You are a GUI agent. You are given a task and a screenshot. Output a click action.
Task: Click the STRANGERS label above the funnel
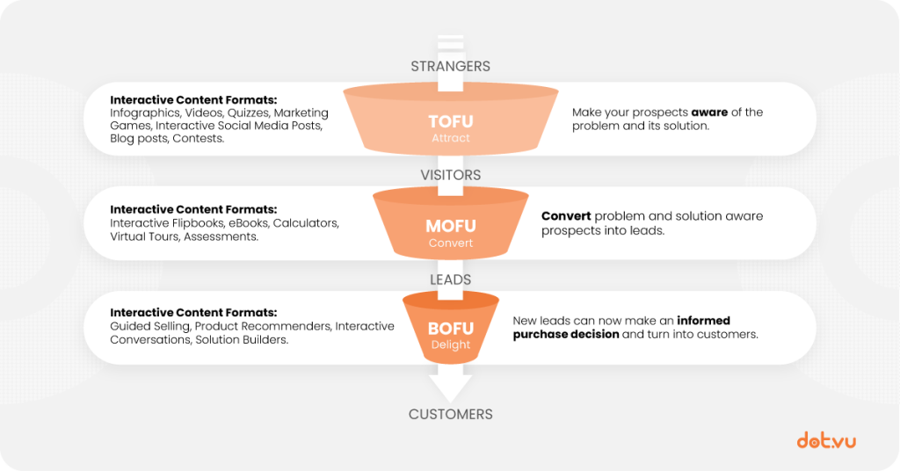pos(451,67)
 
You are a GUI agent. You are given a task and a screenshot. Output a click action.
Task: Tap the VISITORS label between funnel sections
pos(451,175)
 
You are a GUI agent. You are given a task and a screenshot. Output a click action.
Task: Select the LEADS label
pos(451,279)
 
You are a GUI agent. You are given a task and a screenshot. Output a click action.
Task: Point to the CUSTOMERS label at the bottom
pos(451,414)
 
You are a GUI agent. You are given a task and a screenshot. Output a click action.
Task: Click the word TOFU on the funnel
pos(451,121)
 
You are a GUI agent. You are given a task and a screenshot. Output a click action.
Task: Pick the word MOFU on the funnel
pos(451,226)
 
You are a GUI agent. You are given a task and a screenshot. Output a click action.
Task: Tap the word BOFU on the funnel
pos(451,329)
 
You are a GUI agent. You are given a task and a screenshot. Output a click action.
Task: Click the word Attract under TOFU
pos(451,138)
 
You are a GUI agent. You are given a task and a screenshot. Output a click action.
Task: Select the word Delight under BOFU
pos(451,344)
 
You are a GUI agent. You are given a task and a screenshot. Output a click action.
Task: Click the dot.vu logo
pos(826,440)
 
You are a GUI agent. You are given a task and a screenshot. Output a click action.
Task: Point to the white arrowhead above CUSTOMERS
pos(451,389)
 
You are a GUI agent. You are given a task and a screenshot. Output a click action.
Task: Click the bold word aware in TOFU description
pos(709,112)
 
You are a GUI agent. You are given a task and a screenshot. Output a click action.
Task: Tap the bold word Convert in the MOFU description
pos(566,216)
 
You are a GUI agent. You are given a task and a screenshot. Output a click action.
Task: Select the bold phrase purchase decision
pos(566,335)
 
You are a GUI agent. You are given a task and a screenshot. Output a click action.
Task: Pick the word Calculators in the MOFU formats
pos(305,223)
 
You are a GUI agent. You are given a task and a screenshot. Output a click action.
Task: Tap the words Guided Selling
pos(149,326)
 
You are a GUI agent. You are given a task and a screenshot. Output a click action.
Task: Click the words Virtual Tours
pos(144,236)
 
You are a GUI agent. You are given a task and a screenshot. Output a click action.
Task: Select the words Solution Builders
pos(241,339)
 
